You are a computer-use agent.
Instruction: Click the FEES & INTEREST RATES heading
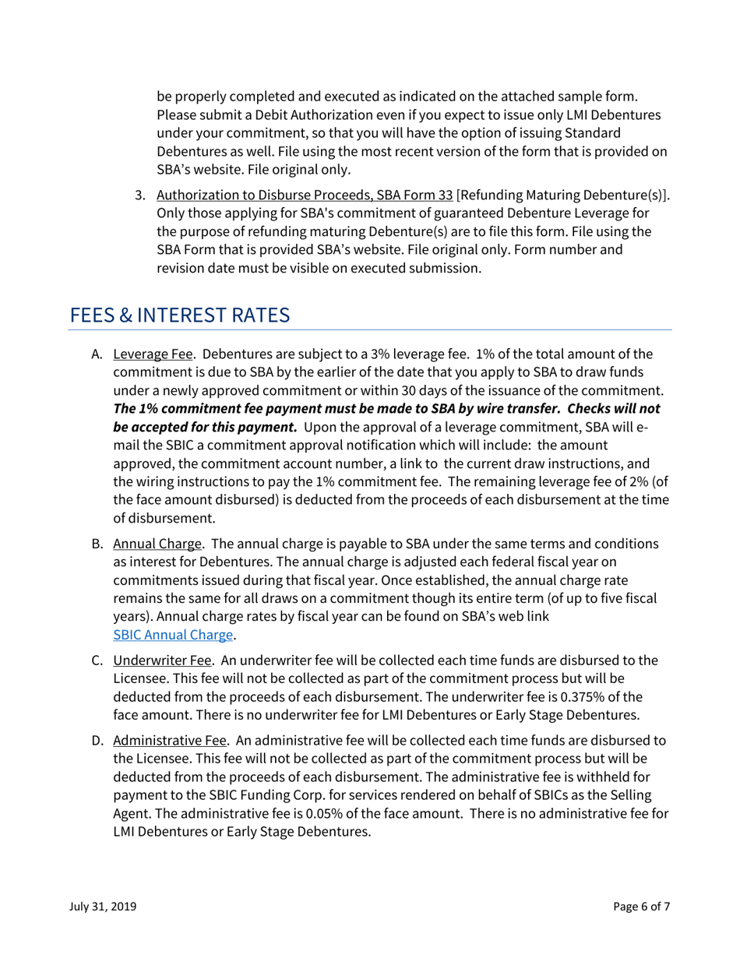click(180, 316)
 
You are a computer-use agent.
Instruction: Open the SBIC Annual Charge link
click(173, 634)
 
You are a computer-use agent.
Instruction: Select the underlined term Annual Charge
click(157, 542)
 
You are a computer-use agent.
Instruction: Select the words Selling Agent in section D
click(633, 798)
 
